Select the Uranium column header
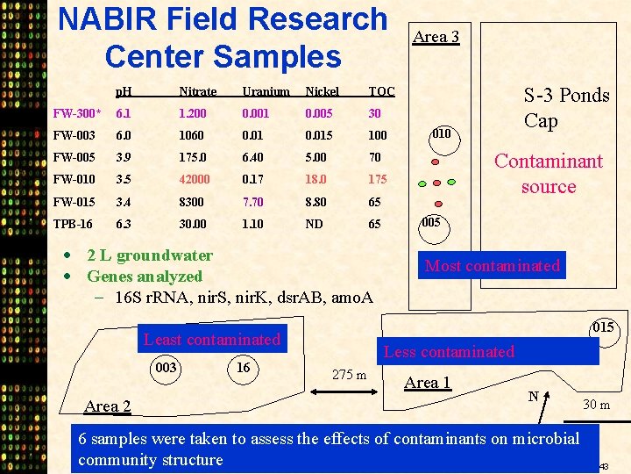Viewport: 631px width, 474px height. click(266, 91)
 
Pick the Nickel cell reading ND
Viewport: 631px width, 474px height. click(314, 224)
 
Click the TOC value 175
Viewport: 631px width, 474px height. click(378, 180)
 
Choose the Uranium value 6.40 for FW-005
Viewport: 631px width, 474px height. click(254, 158)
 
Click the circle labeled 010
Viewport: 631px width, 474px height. click(443, 134)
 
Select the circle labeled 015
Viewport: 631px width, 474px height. click(601, 327)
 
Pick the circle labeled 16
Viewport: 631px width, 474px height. click(245, 368)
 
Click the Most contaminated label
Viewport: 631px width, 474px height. click(492, 265)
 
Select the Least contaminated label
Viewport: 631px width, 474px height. click(212, 340)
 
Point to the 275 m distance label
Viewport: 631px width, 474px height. click(349, 376)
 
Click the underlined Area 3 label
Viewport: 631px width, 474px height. click(436, 36)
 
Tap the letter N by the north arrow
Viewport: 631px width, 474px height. click(533, 397)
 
